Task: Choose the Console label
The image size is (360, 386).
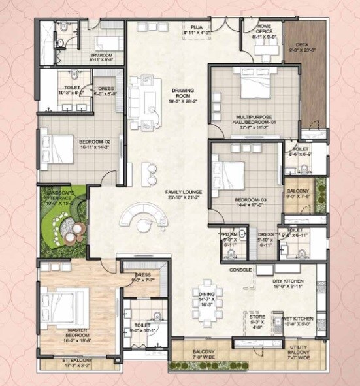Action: [x=240, y=270]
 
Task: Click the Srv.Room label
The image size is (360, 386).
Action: [x=103, y=57]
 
